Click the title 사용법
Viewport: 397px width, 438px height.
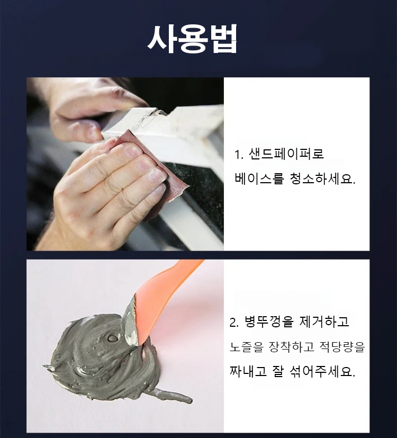(192, 39)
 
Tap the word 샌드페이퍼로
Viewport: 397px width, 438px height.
(286, 154)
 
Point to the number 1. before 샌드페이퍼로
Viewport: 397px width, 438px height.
(239, 155)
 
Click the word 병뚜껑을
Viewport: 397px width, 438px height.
(269, 322)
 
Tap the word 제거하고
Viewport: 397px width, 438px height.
(324, 322)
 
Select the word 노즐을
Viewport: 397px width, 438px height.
(246, 347)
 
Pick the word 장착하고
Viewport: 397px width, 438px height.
(291, 347)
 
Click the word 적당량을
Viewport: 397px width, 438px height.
(342, 347)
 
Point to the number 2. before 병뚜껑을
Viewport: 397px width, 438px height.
(234, 323)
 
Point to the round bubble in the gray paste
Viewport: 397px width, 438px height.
(113, 338)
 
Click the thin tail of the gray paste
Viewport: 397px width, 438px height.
(175, 396)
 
